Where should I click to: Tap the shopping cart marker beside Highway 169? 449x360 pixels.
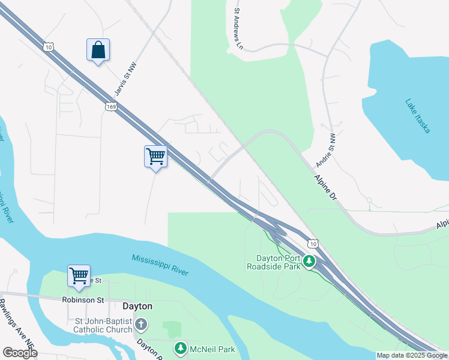coord(155,157)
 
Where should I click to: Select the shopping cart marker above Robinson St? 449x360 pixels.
coord(79,276)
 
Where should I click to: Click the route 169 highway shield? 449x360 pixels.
coord(110,107)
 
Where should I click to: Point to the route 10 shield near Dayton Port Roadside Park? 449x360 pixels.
coord(313,243)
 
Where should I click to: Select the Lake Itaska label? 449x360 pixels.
coord(417,116)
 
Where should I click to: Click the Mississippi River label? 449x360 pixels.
coord(160,265)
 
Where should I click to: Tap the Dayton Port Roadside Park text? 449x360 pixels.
coord(274,263)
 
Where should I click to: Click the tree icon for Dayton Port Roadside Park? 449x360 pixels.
coord(309,262)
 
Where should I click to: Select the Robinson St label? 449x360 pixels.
coord(83,299)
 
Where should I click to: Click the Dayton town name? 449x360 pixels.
coord(137,306)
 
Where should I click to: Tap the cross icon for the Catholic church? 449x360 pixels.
coord(140,325)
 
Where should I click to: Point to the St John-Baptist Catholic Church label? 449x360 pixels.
coord(103,325)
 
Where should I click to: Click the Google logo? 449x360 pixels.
coord(20,352)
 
